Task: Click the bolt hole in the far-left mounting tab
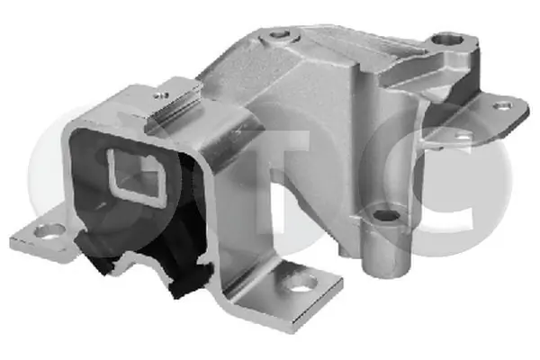click(49, 231)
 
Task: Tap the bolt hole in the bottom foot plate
click(302, 283)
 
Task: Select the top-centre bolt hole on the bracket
click(280, 34)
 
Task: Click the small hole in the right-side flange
click(502, 105)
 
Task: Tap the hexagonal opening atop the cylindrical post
click(386, 215)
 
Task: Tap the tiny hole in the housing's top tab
click(161, 95)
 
